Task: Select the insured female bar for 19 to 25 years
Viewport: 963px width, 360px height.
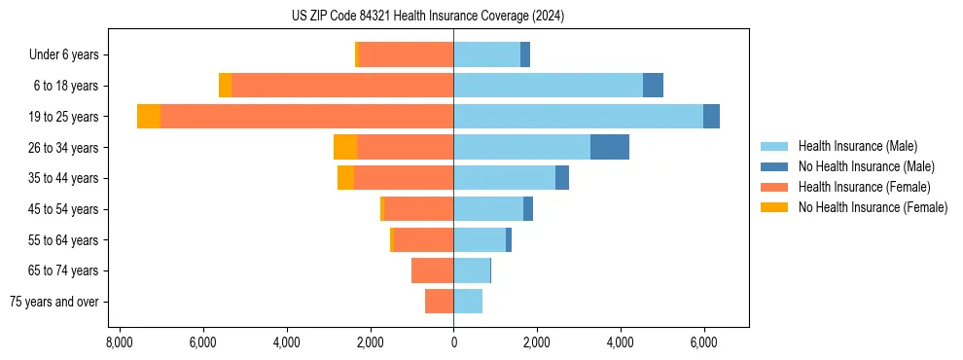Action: click(x=306, y=117)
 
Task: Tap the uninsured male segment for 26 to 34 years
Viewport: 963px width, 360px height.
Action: click(x=609, y=147)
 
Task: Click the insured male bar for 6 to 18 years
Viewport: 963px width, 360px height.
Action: click(x=548, y=86)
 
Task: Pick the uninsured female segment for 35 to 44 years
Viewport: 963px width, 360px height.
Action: click(x=345, y=178)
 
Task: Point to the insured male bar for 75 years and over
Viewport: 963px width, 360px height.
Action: click(x=468, y=302)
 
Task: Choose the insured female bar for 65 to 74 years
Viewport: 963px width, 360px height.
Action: click(x=432, y=270)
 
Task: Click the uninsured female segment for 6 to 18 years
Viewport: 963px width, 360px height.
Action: click(x=225, y=86)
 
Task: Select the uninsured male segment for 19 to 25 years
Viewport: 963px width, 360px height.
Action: click(x=711, y=117)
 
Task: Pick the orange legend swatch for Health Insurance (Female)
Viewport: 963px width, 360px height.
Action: click(x=774, y=187)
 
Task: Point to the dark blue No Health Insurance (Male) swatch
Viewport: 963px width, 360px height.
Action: click(x=774, y=166)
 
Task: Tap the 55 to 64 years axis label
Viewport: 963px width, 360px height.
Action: click(x=64, y=240)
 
